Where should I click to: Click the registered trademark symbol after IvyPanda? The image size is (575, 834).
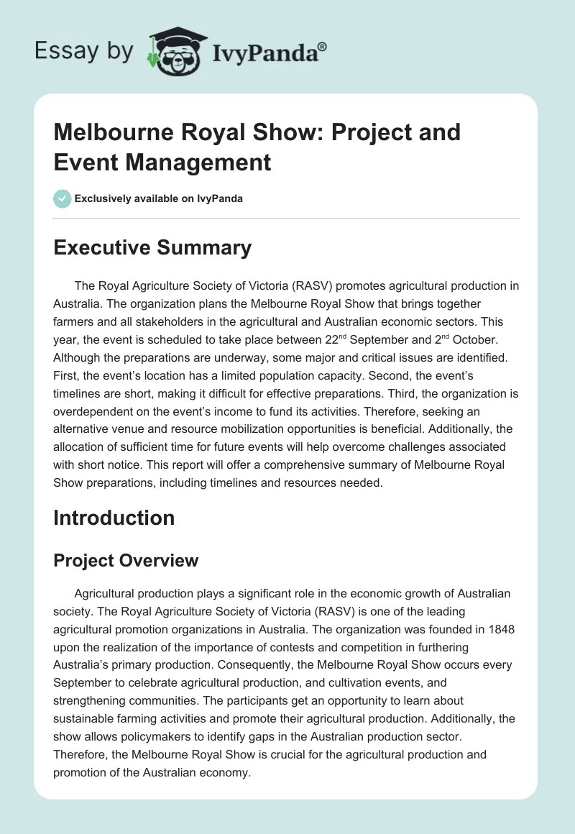[323, 47]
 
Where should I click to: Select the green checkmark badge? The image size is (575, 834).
[62, 198]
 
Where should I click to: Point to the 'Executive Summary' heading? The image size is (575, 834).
[152, 248]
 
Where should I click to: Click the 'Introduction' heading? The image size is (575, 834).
[114, 518]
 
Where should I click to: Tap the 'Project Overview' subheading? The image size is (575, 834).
[126, 560]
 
